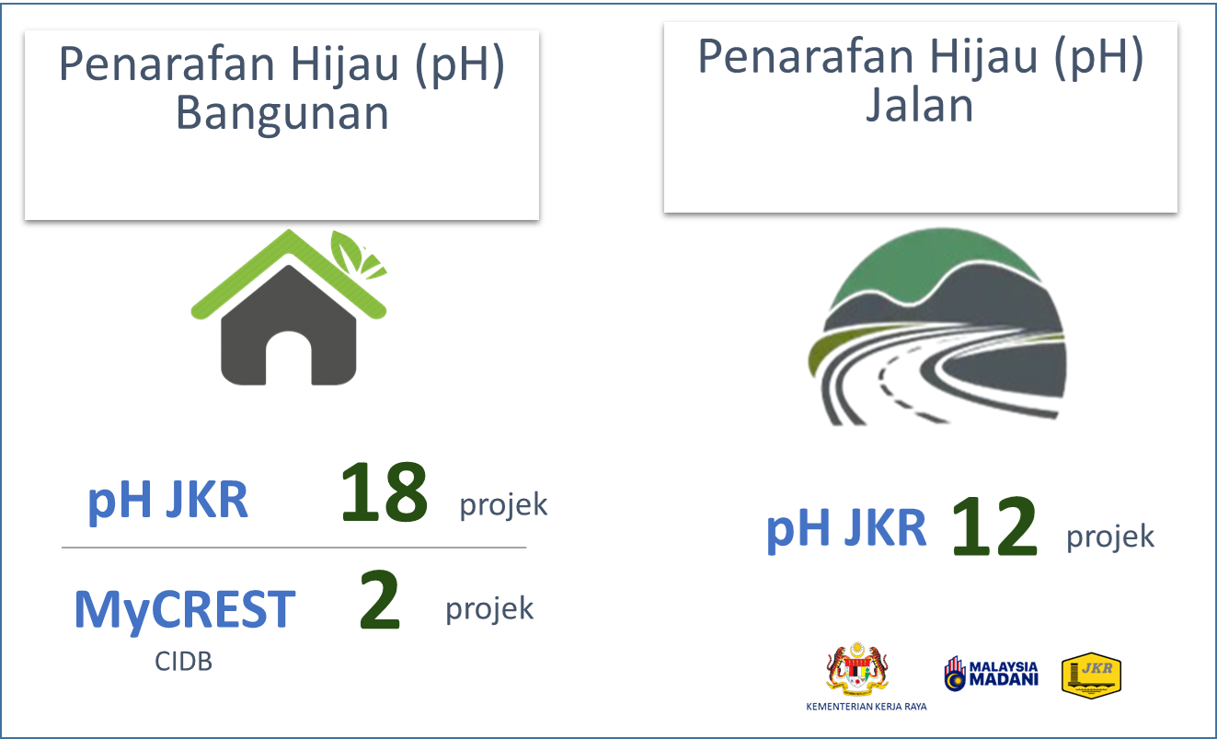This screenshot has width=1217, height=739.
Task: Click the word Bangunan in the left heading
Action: [x=282, y=113]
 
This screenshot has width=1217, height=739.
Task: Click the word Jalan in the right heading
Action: [x=919, y=104]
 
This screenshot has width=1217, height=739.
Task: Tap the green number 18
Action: [x=385, y=492]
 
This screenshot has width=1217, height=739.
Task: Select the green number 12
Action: [x=994, y=526]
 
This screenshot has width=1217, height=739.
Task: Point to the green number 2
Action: [x=380, y=599]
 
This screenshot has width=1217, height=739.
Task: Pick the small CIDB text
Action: [x=184, y=662]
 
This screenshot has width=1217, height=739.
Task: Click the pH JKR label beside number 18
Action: [x=168, y=501]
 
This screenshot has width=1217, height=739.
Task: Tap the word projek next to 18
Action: [x=504, y=505]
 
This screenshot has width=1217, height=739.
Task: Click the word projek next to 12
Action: [x=1110, y=537]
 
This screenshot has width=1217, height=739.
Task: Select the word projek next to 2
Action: [x=489, y=608]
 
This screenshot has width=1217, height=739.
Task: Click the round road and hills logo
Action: [x=937, y=326]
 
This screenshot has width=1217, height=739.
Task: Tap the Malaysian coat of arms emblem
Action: [x=857, y=668]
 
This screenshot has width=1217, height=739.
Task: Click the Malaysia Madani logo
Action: [x=991, y=674]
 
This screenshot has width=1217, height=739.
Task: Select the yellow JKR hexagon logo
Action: [x=1092, y=675]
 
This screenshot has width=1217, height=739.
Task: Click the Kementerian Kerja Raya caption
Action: [x=867, y=707]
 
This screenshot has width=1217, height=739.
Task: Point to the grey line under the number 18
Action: [x=294, y=548]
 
